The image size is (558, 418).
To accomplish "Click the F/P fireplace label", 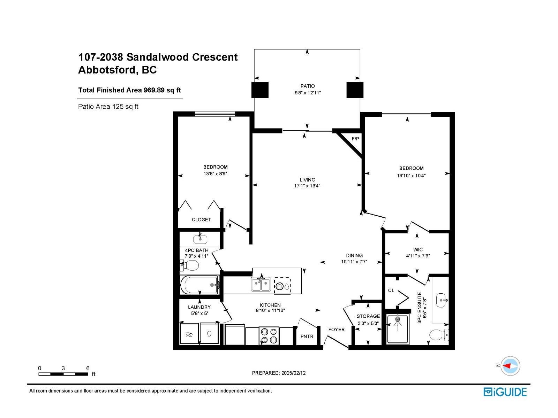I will [x=355, y=139].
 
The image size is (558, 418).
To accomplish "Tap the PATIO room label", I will [x=307, y=86].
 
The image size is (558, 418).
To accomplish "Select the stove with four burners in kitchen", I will [x=269, y=336].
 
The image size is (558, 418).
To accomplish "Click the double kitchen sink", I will [x=261, y=284].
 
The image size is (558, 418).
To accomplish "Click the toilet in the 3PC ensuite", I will [x=438, y=335].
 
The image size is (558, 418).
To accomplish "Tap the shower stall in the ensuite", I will [x=397, y=329].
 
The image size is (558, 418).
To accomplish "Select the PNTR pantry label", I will [x=307, y=336].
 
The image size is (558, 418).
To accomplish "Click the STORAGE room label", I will [x=368, y=316].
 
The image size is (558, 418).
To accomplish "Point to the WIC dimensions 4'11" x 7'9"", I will [x=418, y=256].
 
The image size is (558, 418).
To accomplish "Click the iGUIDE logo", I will [x=505, y=392].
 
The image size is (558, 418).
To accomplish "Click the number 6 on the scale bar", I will [x=88, y=368].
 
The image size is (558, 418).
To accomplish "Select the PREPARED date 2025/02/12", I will [x=279, y=373].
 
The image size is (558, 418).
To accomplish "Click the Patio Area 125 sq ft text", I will [x=108, y=107].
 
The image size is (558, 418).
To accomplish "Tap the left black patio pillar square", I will [x=260, y=90].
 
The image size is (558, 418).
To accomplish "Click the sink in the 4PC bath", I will [x=200, y=239].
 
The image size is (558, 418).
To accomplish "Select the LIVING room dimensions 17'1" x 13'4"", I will [x=307, y=186].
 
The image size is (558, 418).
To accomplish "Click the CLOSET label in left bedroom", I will [x=201, y=219].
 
